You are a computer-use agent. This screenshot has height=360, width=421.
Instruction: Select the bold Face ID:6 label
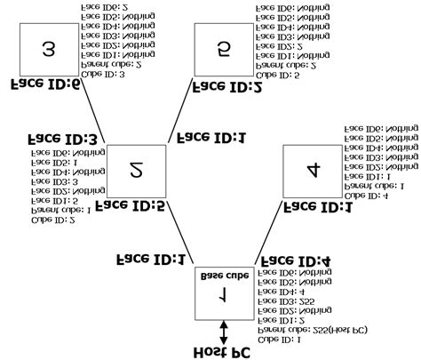(44, 85)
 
